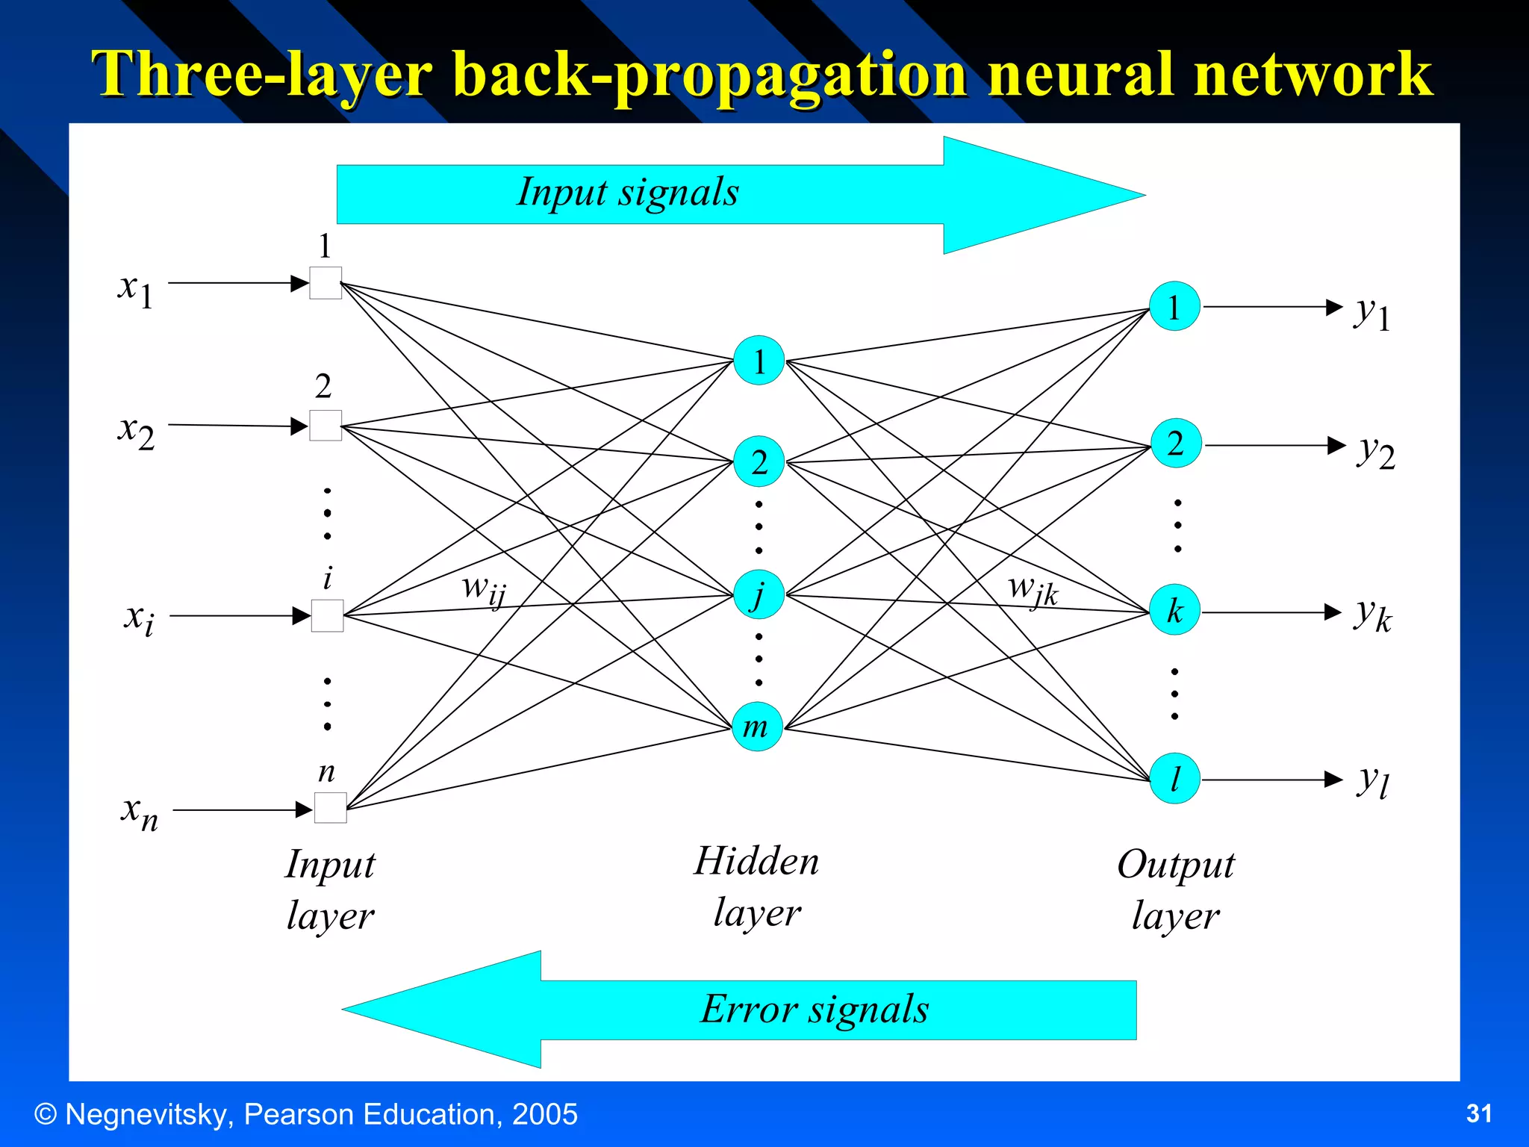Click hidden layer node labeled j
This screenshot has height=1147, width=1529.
coord(759,595)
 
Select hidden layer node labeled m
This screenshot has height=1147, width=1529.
coord(757,727)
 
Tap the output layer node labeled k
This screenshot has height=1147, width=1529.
coord(1175,611)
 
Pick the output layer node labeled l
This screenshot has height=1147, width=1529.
coord(1175,779)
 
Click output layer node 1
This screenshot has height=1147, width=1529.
coord(1174,307)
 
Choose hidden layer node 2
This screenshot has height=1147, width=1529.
coord(759,462)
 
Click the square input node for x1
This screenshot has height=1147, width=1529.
coord(326,283)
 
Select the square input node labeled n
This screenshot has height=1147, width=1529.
coord(330,808)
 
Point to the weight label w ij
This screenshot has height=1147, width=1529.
coord(484,590)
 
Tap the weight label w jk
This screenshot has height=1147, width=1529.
coord(1033,590)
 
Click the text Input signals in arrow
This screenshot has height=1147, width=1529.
coord(628,193)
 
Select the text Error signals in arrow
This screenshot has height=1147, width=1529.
coord(815,1010)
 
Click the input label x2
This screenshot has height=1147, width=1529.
coord(136,432)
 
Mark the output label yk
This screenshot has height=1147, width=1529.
coord(1372,615)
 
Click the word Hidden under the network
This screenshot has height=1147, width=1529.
coord(756,861)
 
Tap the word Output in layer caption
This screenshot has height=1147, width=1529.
coord(1175,865)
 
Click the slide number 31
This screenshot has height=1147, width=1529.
coord(1478,1113)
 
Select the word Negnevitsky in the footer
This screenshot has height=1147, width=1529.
coord(149,1114)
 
